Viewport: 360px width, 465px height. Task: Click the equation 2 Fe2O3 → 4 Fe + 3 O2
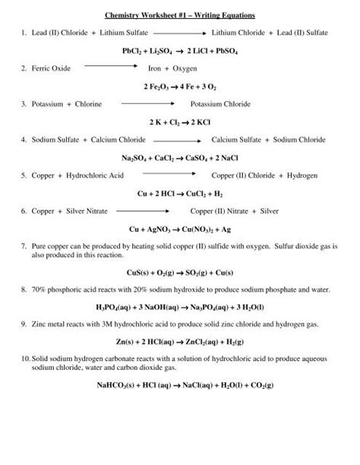[x=180, y=87]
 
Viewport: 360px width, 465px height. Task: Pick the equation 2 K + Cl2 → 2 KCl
[x=180, y=122]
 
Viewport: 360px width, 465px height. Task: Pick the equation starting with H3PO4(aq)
[x=180, y=307]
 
